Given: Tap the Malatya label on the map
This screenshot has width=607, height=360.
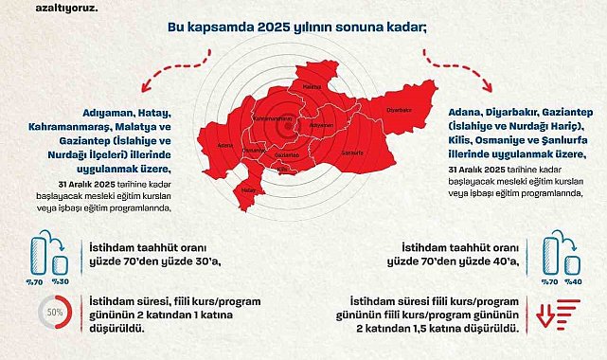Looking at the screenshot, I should [x=312, y=85].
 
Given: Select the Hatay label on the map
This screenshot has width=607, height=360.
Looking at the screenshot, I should [x=249, y=189].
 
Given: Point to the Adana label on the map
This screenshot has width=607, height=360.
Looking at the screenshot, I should [x=224, y=146].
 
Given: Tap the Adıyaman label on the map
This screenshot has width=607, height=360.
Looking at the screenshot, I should [x=323, y=124].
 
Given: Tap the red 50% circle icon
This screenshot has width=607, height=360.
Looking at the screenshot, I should [x=55, y=312].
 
